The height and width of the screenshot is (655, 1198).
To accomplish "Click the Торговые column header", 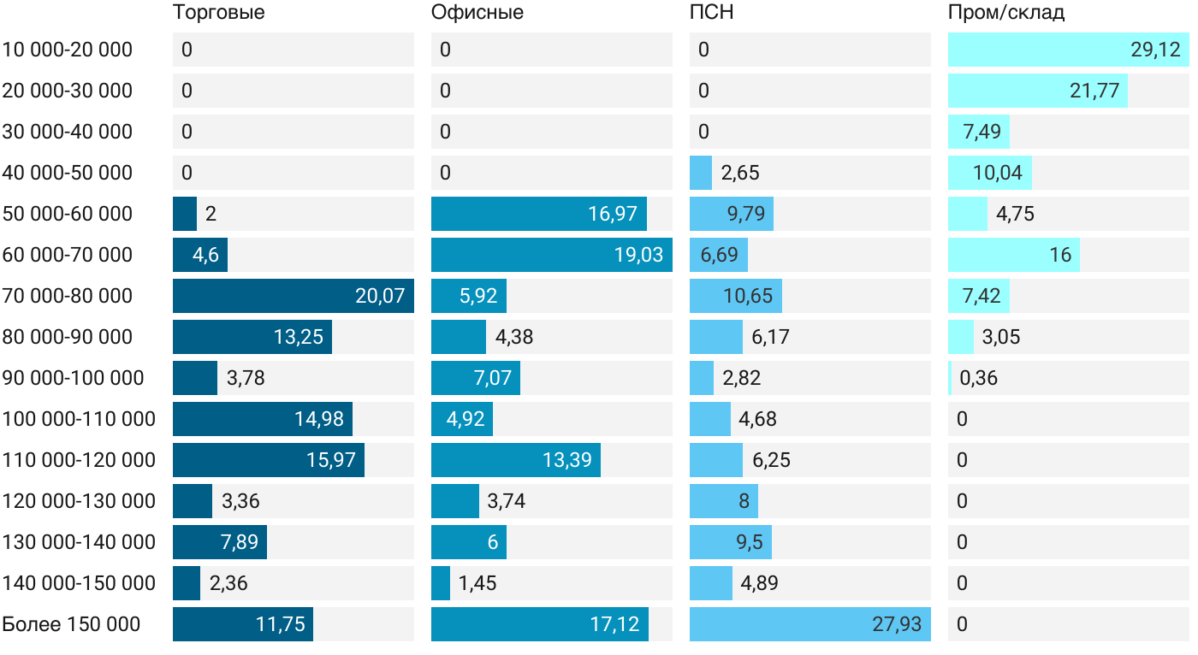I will [x=218, y=13].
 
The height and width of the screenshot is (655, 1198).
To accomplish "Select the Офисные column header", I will [x=477, y=13].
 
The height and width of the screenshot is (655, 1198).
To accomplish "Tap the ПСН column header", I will [x=712, y=13].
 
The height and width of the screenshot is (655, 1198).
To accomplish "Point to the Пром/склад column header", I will [x=1006, y=13].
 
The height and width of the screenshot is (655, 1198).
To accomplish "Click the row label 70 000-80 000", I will [x=68, y=296].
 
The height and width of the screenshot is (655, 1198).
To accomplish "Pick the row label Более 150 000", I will [x=71, y=624].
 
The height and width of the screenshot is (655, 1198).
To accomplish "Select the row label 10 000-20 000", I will [x=68, y=50].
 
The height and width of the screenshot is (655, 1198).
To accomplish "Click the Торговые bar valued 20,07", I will [x=294, y=296].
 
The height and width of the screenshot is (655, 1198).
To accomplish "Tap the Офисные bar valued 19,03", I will [x=552, y=255].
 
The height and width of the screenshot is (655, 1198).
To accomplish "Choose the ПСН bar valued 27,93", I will [x=810, y=624].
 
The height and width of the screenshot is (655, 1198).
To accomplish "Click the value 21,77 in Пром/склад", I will [x=1094, y=91].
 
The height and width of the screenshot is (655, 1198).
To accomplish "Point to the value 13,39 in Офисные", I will [x=567, y=460].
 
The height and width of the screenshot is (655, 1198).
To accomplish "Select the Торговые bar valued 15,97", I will [x=269, y=460].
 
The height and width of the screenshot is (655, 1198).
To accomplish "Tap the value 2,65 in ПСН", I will [x=740, y=173].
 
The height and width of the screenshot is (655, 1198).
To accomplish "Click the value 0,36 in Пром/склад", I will [x=979, y=378].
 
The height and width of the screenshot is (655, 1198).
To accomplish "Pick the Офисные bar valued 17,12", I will [x=540, y=624].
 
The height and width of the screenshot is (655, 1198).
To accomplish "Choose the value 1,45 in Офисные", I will [x=477, y=583].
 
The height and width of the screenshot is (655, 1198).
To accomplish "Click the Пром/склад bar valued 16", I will [x=1014, y=255].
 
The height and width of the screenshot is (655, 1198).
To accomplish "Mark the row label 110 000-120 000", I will [x=79, y=460].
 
